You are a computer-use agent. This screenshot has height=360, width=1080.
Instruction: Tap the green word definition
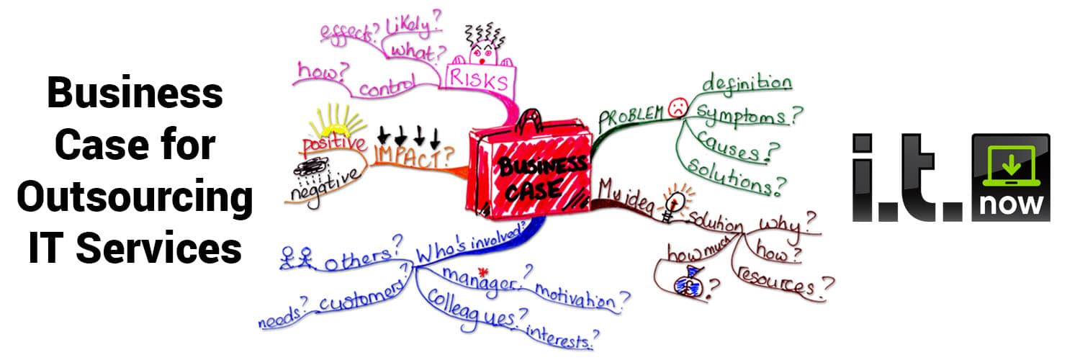click(x=747, y=83)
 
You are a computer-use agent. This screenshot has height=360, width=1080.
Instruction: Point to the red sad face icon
click(x=678, y=107)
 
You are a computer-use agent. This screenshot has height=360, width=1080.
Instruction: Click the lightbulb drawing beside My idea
click(x=675, y=202)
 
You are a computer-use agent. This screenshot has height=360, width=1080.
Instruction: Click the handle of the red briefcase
click(x=529, y=120)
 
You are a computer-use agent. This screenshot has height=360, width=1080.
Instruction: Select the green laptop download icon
click(x=1011, y=166)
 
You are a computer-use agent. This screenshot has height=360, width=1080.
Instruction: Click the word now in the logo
click(x=1011, y=204)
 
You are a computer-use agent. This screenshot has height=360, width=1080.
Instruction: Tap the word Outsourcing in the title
click(x=135, y=197)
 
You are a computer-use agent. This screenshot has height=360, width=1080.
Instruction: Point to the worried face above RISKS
click(x=484, y=54)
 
